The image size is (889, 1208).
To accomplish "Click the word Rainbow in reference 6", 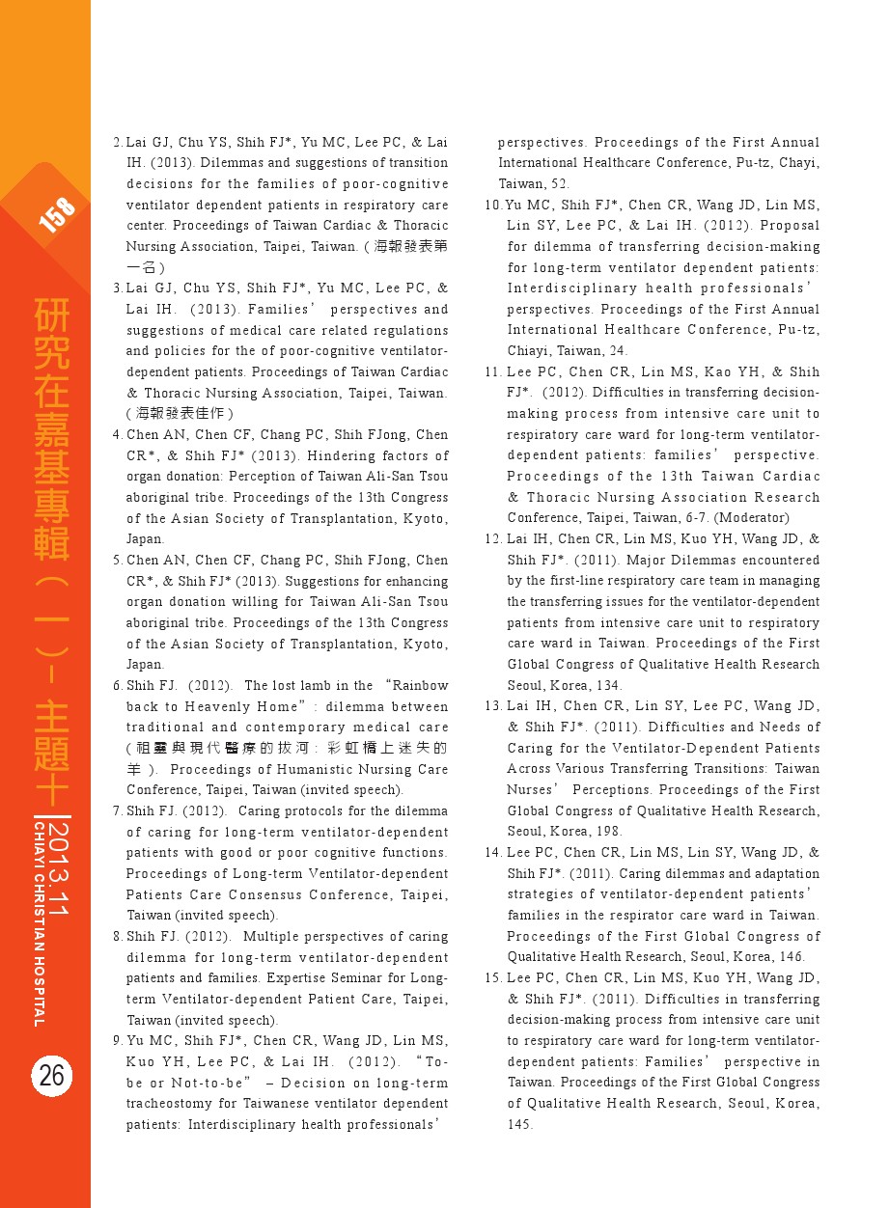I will coord(420,686).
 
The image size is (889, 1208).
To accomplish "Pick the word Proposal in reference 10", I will coord(790,226).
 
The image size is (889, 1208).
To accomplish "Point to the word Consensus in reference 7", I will coord(264,894).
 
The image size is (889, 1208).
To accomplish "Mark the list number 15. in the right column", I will coord(493,977).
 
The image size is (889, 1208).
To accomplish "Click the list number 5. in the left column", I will coord(117,560).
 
